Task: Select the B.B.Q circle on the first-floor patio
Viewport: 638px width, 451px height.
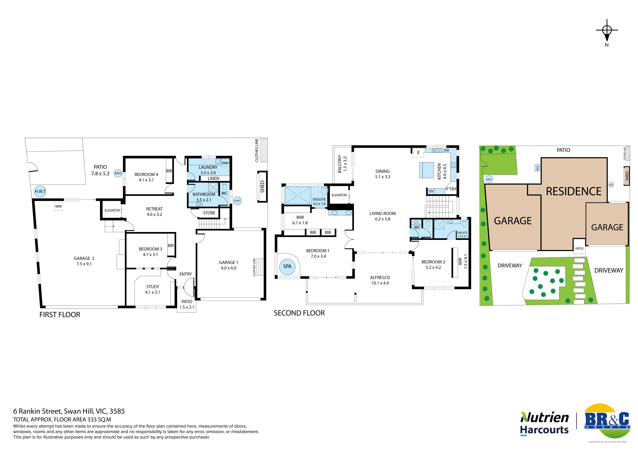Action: (x=118, y=173)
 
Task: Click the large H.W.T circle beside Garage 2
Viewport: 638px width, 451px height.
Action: (x=40, y=191)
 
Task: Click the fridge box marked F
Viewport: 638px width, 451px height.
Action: (x=418, y=153)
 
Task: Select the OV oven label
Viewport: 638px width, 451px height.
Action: (x=431, y=191)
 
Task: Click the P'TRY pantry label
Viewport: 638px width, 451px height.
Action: (x=451, y=189)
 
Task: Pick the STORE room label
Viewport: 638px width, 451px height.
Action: (x=209, y=213)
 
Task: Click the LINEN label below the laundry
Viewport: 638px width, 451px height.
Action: (x=213, y=179)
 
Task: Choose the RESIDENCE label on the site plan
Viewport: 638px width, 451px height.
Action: (x=574, y=191)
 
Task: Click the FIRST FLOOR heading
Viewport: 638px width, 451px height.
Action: (x=60, y=315)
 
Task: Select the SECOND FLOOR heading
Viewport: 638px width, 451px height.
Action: (x=299, y=313)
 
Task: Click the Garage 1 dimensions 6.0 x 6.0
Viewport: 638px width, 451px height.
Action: (x=229, y=268)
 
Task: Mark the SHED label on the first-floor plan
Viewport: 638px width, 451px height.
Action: (x=262, y=187)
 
